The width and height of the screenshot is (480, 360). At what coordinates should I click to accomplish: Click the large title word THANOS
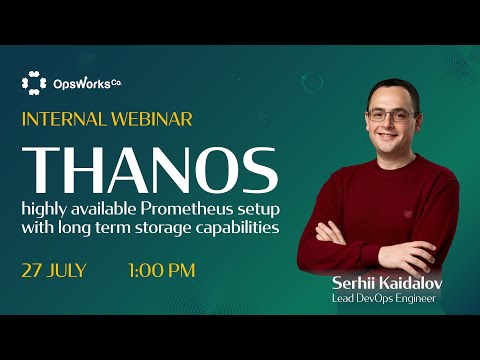149,171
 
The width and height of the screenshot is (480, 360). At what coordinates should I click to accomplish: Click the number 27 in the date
32,270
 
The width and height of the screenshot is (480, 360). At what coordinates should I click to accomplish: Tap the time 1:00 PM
161,270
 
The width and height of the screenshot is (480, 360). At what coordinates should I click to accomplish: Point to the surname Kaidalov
410,283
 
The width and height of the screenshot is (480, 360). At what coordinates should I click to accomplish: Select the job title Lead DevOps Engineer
385,298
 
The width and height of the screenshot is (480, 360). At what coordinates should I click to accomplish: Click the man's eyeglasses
388,115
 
